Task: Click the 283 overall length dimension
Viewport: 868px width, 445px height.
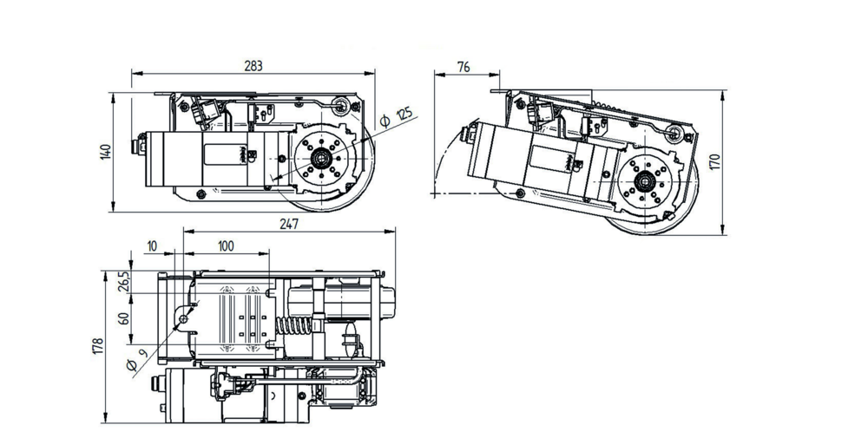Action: [253, 65]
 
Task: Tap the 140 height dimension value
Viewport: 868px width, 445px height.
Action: [106, 152]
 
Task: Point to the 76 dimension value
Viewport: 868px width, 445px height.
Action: [464, 67]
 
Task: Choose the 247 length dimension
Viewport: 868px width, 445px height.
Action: [289, 224]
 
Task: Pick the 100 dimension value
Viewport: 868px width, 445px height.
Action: [226, 246]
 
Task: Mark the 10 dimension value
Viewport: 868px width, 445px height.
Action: [153, 246]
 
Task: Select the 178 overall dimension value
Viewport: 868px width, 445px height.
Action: [98, 346]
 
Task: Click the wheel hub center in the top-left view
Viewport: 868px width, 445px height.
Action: [321, 159]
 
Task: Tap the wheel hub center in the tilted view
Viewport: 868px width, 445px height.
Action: [646, 180]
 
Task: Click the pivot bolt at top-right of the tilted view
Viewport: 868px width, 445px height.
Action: [673, 131]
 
